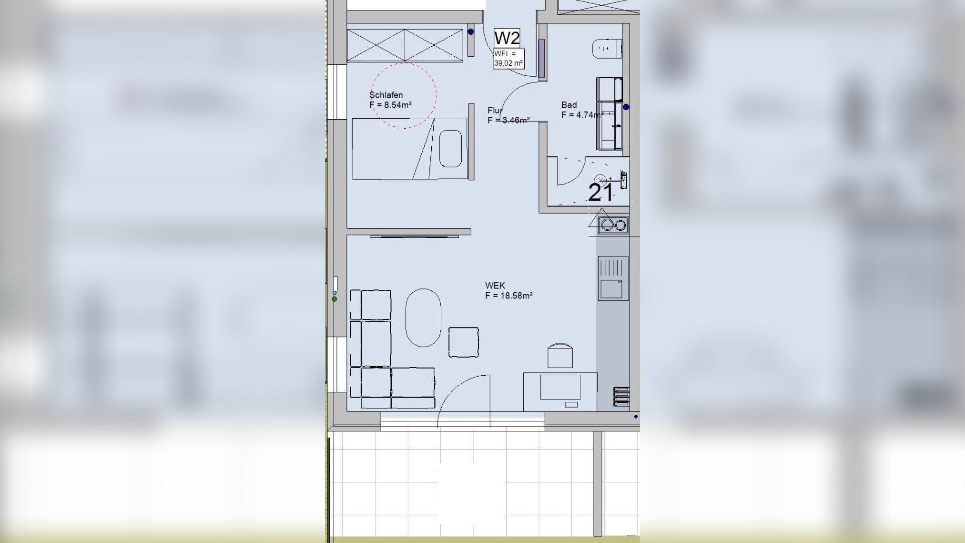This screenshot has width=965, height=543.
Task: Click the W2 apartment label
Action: tap(507, 38)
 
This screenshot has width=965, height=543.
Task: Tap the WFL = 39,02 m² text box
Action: tap(508, 59)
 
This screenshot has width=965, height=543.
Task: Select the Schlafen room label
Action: tap(386, 95)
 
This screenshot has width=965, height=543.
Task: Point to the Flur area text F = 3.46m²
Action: tap(508, 120)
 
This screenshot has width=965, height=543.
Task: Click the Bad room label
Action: tap(569, 105)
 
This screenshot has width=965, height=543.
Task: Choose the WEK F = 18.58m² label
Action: tap(509, 291)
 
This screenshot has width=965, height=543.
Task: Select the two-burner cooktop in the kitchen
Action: tap(613, 225)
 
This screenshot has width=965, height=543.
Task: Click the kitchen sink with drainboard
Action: tap(613, 278)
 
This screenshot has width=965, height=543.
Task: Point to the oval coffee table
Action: tap(423, 318)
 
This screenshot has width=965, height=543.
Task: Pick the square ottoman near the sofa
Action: tap(464, 342)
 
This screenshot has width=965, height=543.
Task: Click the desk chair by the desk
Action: tap(560, 355)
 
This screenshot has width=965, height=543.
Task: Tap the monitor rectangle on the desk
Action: tap(560, 387)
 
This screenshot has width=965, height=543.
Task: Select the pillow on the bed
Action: tap(450, 149)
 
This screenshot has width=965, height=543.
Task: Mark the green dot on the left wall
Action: tap(335, 299)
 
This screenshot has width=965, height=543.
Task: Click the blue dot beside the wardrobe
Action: tap(471, 32)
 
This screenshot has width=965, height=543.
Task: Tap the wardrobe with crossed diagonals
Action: tap(405, 45)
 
